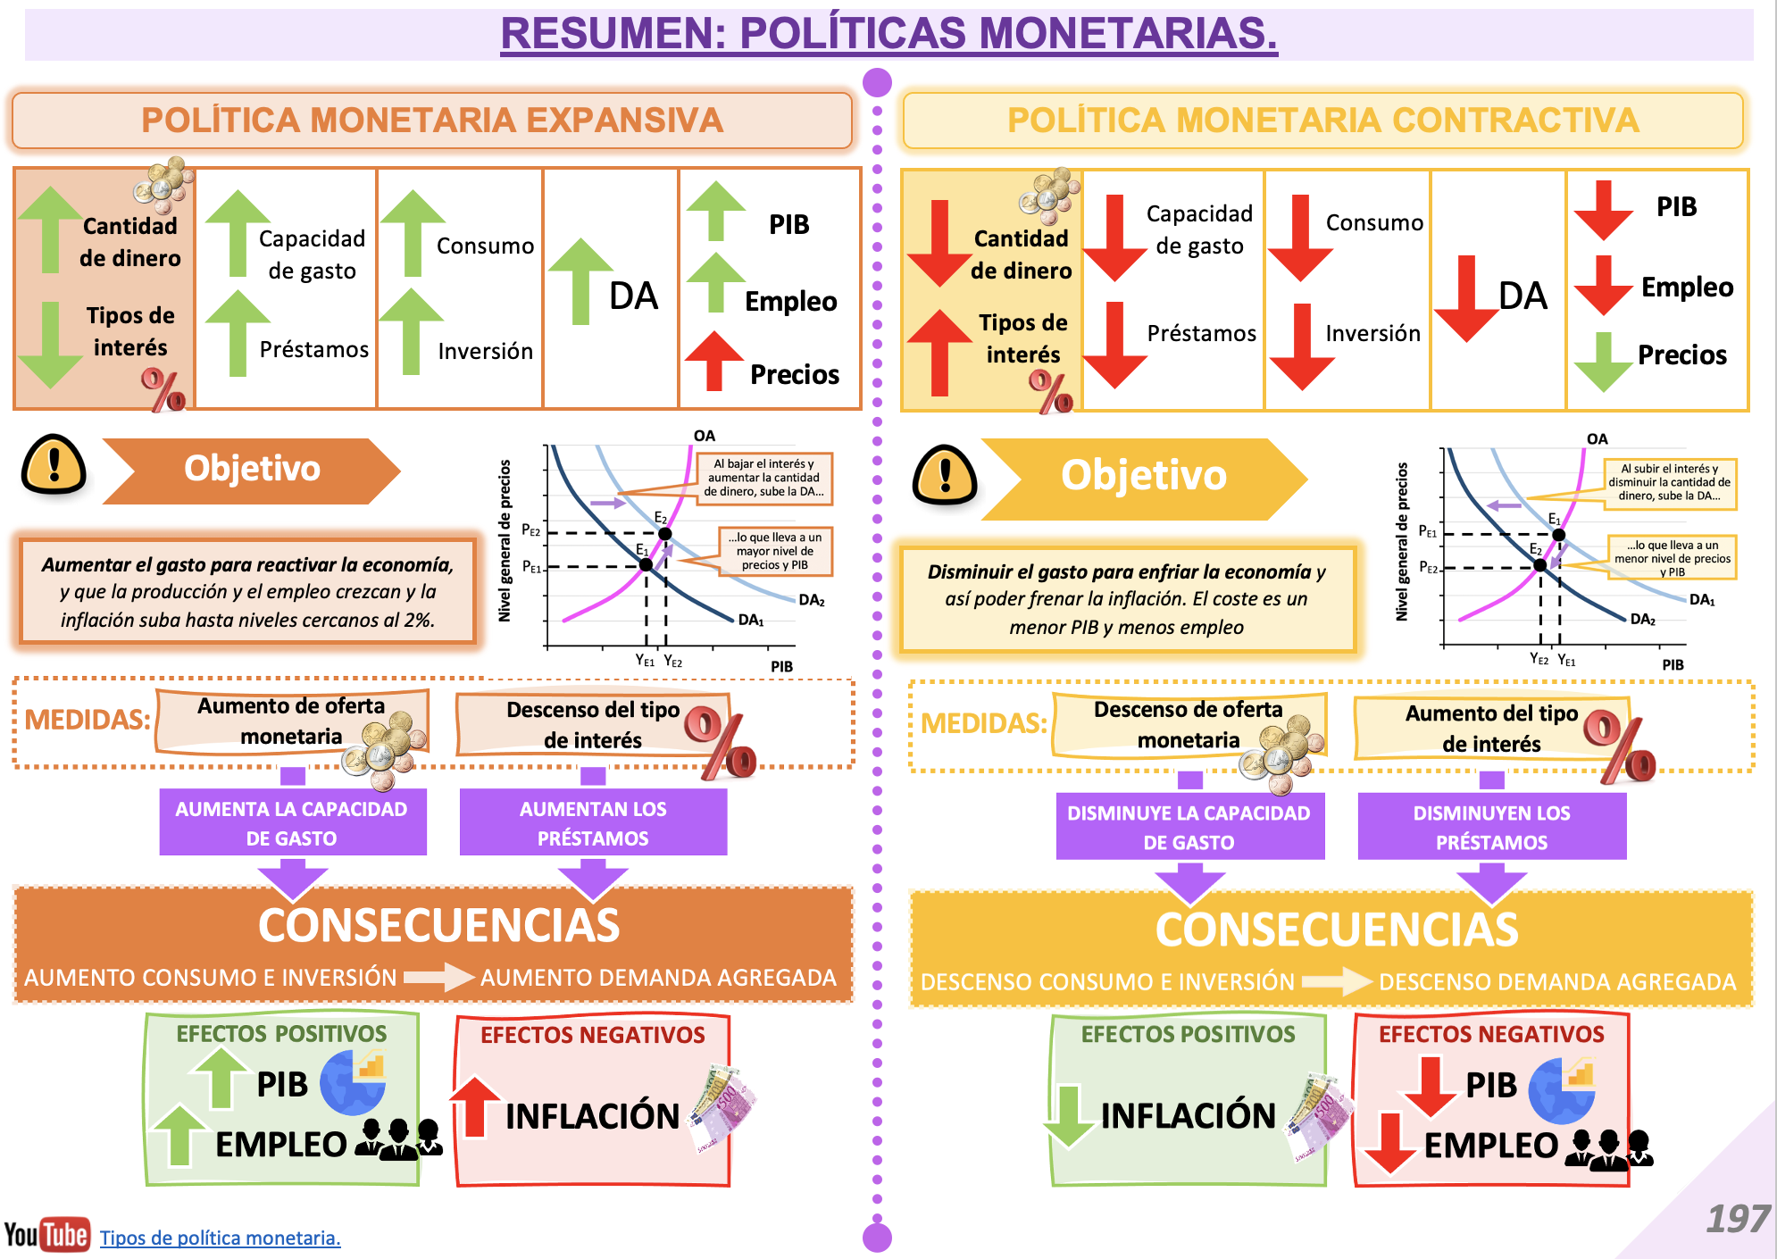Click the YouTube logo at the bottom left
coord(47,1235)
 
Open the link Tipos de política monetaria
coord(220,1238)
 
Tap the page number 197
coord(1737,1219)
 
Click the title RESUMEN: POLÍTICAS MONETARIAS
coord(888,34)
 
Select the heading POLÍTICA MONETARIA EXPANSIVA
coord(432,121)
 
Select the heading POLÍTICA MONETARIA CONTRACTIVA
coord(1322,121)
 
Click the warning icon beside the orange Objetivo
coord(54,465)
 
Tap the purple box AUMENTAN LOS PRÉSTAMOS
coord(593,822)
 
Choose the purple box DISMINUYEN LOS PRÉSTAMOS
coord(1491,827)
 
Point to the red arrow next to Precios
coord(714,360)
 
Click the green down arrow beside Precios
coord(1604,362)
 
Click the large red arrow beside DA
coord(1466,298)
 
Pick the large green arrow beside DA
coord(580,280)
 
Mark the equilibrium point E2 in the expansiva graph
coord(664,534)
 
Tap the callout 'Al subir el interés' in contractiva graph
coord(1669,482)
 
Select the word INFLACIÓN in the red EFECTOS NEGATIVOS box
coord(593,1115)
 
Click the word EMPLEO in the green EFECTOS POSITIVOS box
coord(280,1144)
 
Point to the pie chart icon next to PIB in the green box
coord(354,1081)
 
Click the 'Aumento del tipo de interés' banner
coord(1491,729)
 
